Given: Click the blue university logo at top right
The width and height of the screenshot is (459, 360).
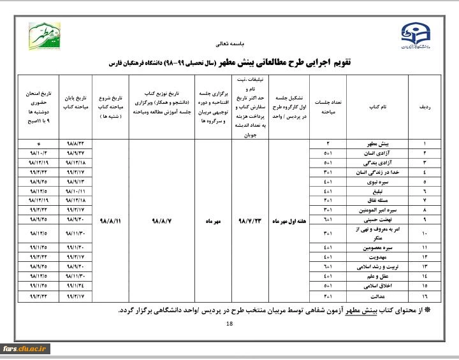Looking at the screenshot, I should point(415,36).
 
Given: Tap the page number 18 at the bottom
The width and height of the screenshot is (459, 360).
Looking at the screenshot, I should point(230,324).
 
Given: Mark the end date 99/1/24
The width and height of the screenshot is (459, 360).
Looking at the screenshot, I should point(75,286).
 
